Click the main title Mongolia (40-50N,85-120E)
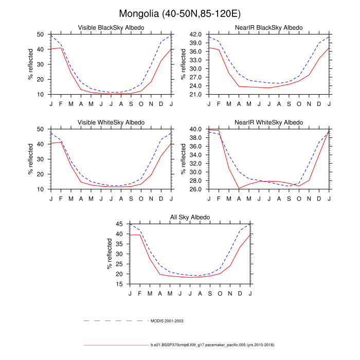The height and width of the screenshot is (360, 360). [179, 13]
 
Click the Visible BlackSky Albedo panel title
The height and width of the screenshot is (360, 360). [111, 27]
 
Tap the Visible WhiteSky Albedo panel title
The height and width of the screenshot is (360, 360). [111, 122]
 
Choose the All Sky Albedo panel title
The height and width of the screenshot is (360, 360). [190, 217]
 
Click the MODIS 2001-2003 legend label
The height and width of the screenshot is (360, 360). [167, 320]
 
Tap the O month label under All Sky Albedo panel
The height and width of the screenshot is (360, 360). [220, 293]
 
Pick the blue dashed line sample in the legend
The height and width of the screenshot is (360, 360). [116, 320]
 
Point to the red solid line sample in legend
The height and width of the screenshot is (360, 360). [116, 345]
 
